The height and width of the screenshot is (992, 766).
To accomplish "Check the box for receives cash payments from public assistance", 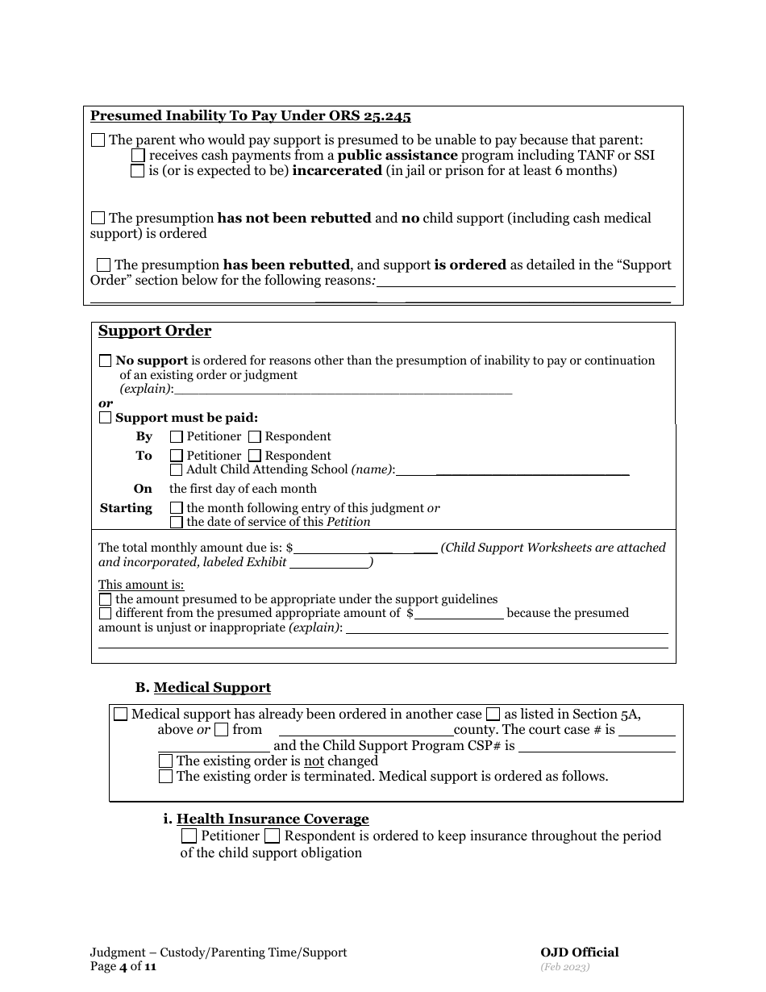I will (138, 155).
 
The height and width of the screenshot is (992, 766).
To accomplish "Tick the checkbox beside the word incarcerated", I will (138, 171).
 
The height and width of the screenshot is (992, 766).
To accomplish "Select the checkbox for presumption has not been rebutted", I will (98, 218).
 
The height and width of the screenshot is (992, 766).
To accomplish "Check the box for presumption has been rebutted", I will (103, 265).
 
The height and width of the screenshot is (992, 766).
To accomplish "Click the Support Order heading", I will (155, 331).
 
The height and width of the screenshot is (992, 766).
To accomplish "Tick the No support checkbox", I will (106, 361).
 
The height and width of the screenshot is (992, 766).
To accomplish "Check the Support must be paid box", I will (106, 418).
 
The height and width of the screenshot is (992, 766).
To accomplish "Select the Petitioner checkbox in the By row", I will (177, 436).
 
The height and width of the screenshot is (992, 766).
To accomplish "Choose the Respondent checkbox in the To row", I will (255, 456).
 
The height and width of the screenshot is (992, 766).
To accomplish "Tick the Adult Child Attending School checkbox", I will (177, 469).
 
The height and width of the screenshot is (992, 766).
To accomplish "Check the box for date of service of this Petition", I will (177, 522).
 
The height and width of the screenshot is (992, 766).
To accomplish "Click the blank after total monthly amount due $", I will (331, 547).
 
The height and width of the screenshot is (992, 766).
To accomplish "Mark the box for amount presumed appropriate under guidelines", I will (106, 599).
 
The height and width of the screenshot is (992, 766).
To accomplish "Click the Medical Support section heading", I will (212, 688).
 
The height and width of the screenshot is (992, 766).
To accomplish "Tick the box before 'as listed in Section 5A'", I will (492, 715).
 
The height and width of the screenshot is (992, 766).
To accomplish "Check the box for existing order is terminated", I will (165, 777).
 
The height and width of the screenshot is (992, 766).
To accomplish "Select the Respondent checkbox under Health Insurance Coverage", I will (273, 836).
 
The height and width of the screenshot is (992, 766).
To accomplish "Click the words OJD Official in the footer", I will (580, 952).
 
